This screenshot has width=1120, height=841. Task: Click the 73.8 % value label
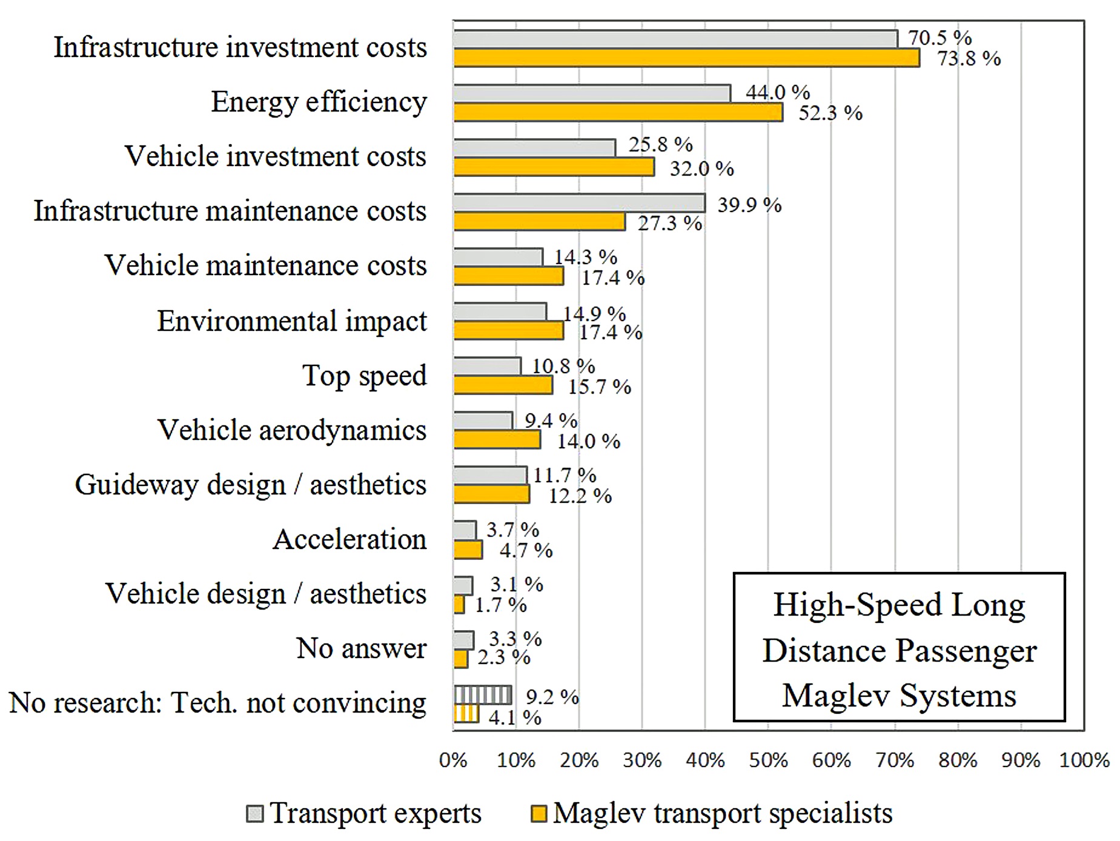coord(969,59)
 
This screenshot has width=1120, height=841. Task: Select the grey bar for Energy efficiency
coord(592,93)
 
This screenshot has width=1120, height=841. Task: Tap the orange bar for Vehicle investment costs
coord(554,167)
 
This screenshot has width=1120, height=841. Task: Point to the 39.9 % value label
coord(749,205)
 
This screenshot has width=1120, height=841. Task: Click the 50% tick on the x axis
coord(768,760)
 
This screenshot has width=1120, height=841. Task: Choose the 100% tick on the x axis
coord(1084,760)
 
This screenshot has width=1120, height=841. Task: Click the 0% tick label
coord(453,760)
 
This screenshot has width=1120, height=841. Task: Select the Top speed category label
coord(365,376)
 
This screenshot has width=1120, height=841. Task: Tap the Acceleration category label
coord(350,539)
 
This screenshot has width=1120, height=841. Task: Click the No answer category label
coord(361,648)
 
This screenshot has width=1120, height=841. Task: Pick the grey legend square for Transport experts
coord(255,814)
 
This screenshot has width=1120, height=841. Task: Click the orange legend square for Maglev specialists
coord(538,814)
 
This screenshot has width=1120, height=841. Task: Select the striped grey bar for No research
coord(483,694)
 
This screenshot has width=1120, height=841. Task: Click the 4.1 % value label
coord(515,718)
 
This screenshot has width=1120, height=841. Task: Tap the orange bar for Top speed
coord(503,385)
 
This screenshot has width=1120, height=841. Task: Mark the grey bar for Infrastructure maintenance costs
coord(580,203)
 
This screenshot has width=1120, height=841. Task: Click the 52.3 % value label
coord(830,113)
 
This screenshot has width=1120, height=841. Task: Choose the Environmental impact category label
coord(292,321)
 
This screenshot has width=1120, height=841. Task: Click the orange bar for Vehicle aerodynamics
coord(497,440)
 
